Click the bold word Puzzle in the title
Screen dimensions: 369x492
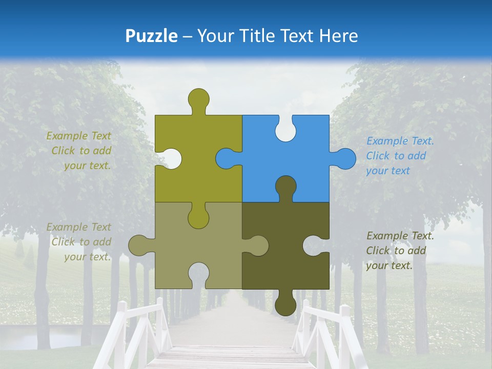[x=152, y=36]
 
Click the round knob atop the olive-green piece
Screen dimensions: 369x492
[x=198, y=99]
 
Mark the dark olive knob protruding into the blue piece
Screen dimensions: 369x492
[x=285, y=187]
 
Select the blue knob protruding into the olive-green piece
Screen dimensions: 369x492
[x=227, y=159]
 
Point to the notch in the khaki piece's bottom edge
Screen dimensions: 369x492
[x=198, y=274]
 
